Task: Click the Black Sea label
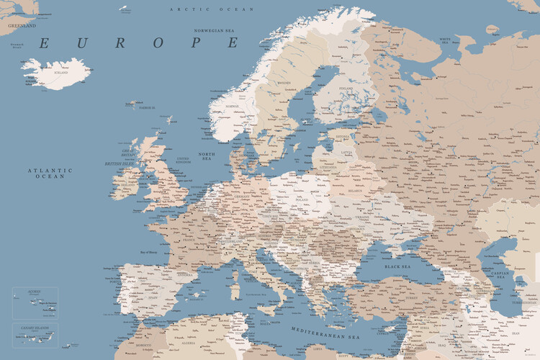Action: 397,266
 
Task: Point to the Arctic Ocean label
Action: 212,9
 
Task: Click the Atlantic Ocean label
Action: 50,173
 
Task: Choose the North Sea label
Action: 207,156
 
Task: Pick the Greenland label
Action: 22,24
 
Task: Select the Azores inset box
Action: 35,303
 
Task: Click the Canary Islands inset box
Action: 35,335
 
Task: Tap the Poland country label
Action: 301,201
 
